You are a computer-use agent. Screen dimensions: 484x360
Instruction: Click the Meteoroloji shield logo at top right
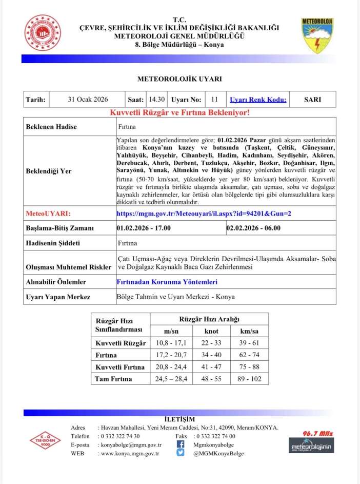point(317,36)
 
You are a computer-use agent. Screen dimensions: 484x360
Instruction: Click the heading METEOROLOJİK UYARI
point(179,79)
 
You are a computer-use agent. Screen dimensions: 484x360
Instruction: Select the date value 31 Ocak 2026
point(88,100)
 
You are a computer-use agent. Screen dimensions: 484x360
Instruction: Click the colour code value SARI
point(312,100)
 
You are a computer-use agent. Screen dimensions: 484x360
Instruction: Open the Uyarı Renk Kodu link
point(258,100)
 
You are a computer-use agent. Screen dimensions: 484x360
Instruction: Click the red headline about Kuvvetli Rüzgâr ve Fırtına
point(179,112)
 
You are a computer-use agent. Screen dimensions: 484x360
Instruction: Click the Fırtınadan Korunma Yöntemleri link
point(167,282)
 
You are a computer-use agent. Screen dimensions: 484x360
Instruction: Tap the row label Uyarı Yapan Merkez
point(58,297)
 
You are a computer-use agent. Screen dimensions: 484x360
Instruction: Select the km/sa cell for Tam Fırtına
point(249,379)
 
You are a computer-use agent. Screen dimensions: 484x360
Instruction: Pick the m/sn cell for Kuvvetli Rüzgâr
point(174,342)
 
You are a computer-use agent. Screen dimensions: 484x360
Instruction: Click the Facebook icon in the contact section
point(181,444)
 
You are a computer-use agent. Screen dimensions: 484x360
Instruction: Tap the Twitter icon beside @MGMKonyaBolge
point(181,453)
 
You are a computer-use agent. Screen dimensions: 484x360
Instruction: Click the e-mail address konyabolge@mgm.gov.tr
point(131,445)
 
